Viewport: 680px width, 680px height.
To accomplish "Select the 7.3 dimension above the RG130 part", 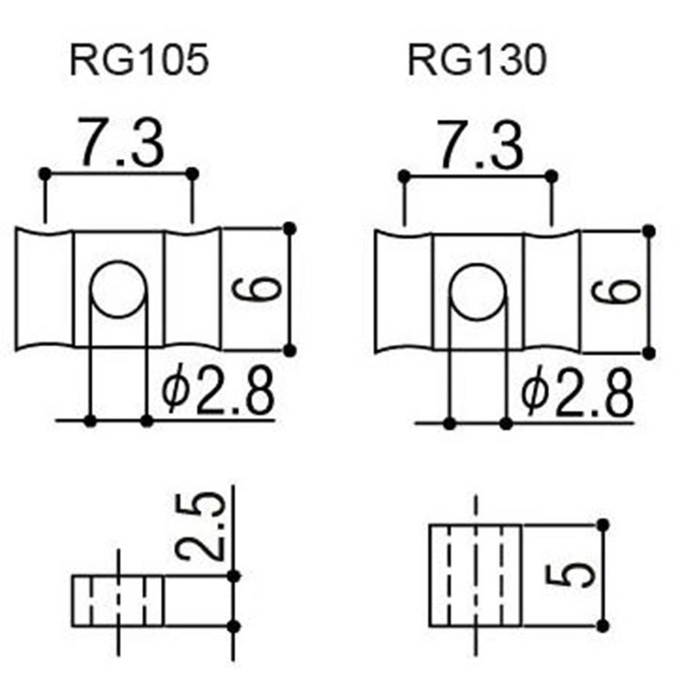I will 481,145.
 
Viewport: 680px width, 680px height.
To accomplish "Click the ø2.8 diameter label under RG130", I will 577,390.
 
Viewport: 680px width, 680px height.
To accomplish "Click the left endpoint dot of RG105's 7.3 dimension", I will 45,174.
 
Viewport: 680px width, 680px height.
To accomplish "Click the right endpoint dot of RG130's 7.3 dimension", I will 552,177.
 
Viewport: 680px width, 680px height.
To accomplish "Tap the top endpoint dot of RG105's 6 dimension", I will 289,228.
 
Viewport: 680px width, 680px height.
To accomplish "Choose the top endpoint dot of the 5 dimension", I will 603,525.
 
